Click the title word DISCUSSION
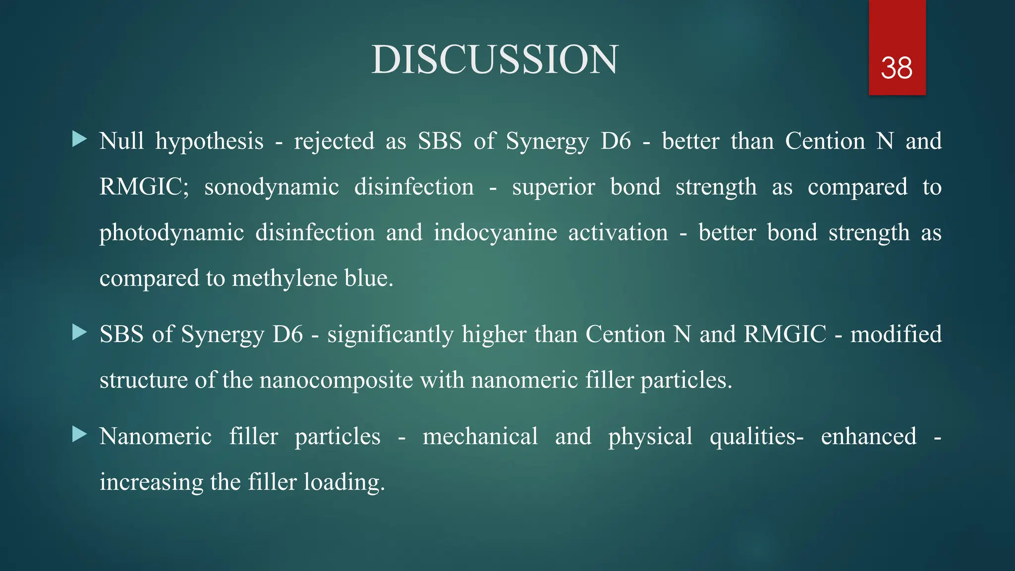pos(495,59)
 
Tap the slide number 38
pos(897,68)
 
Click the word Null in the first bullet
pos(121,141)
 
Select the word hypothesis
pos(209,142)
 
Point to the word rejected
pos(334,142)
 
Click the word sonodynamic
pos(272,187)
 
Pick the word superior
pos(553,187)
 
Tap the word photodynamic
pos(171,233)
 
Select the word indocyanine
pos(495,233)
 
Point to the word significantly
pos(390,335)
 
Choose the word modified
pos(896,334)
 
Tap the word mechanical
pos(480,436)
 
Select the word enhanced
pos(868,436)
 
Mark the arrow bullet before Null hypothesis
pos(79,139)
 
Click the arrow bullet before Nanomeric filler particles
pos(79,435)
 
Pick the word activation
pos(618,233)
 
